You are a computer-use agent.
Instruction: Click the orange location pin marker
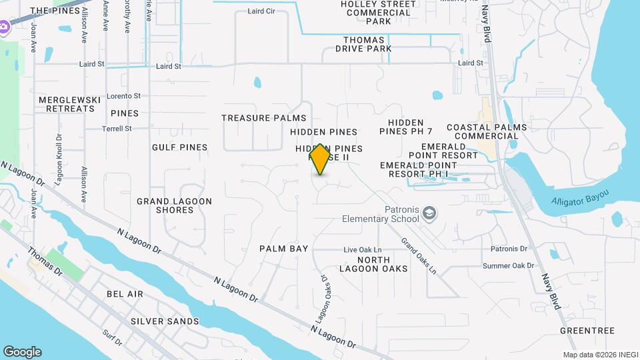point(321,159)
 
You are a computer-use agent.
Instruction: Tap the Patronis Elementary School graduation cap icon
point(430,213)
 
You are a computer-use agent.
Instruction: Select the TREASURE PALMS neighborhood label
point(264,118)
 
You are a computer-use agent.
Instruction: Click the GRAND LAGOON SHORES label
point(175,205)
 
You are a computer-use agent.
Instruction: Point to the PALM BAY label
point(284,249)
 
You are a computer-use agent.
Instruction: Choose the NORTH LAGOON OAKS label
point(382,264)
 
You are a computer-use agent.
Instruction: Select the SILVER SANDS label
point(165,321)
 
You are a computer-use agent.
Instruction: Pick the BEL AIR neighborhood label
point(125,294)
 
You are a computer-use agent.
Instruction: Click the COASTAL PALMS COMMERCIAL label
point(487,131)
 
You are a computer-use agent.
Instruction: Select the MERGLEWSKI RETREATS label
point(69,104)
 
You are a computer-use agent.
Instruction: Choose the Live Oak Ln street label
point(362,250)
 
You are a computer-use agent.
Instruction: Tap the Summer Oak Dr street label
point(509,265)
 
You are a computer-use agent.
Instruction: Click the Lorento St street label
point(123,96)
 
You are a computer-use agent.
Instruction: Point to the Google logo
point(22,352)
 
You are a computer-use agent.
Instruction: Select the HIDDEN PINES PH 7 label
point(406,127)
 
